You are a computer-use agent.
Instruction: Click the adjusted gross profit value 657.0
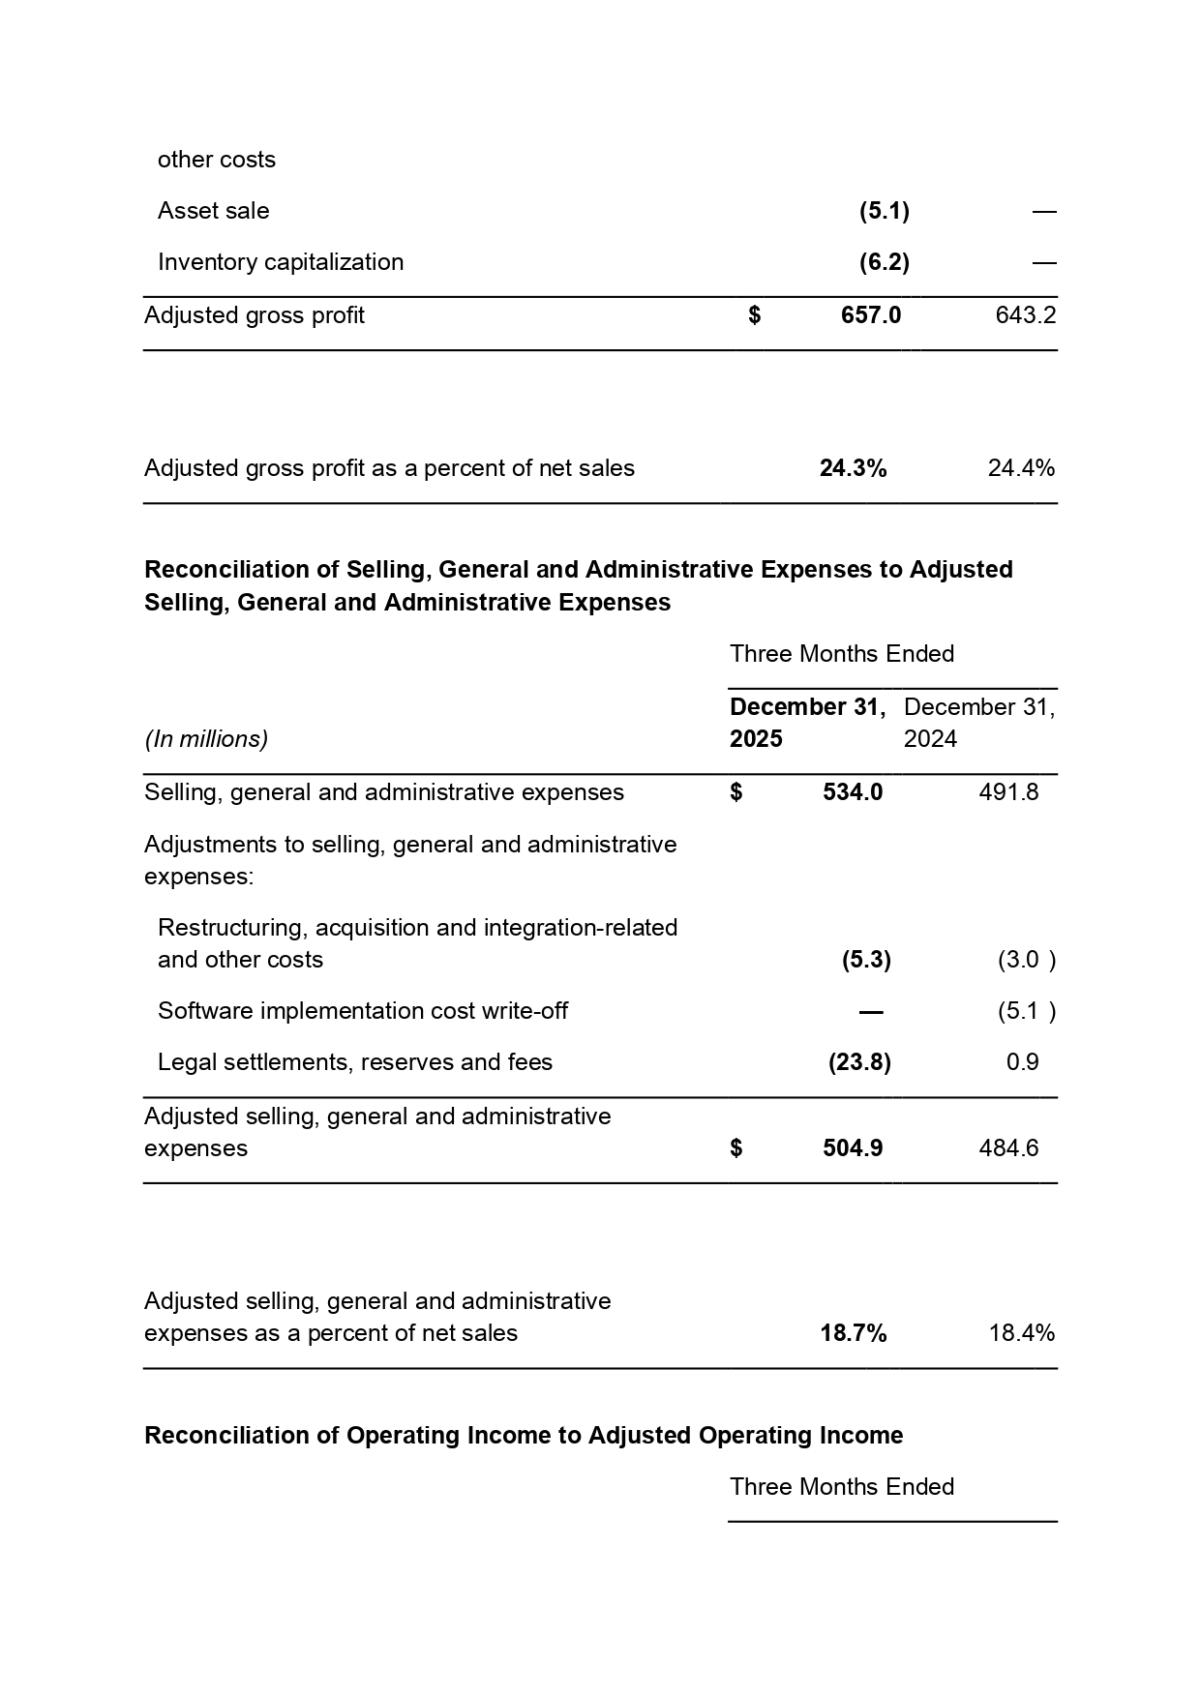click(x=871, y=315)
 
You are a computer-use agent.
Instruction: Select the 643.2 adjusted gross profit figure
click(x=1025, y=315)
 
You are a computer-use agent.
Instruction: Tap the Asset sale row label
click(x=214, y=211)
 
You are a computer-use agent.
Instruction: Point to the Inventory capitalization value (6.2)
click(x=884, y=262)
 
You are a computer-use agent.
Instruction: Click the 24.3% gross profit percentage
click(x=853, y=468)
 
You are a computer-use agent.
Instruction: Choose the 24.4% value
click(x=1021, y=468)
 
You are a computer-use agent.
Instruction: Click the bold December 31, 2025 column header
click(x=806, y=723)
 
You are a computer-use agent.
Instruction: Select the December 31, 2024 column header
click(x=978, y=723)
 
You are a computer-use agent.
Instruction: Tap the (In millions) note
click(x=206, y=739)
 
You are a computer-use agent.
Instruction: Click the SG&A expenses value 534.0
click(x=853, y=792)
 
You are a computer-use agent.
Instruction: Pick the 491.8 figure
click(x=1008, y=792)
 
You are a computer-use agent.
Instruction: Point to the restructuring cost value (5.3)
click(x=866, y=960)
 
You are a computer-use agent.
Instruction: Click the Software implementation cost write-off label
click(x=363, y=1011)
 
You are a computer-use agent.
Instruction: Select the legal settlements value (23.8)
click(x=859, y=1062)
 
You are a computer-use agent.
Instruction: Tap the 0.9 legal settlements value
click(x=1022, y=1062)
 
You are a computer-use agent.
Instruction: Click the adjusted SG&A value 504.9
click(x=853, y=1148)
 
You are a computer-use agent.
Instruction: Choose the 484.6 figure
click(x=1008, y=1148)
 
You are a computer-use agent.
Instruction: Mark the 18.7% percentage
click(x=853, y=1333)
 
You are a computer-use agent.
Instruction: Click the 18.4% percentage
click(x=1021, y=1333)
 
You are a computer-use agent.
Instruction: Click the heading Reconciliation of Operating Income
click(x=524, y=1435)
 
